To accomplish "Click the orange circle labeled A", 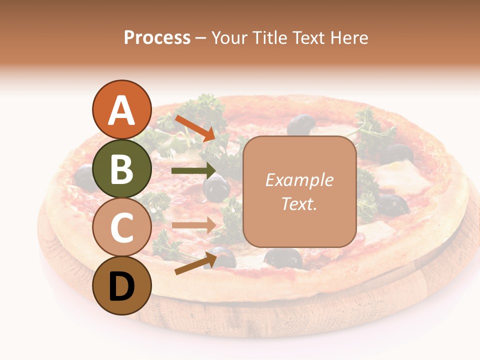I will coord(121,110).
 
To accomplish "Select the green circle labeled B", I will coord(121,168).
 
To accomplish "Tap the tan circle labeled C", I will coord(121,227).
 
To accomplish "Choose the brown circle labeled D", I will coord(121,285).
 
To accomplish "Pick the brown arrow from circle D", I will coord(195,263).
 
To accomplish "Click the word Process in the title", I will coord(157,37).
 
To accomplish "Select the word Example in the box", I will coord(299,180).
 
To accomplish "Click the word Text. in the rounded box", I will coord(299,204).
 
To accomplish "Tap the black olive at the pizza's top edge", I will coord(300,124).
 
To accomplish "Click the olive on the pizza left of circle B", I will coord(84,174).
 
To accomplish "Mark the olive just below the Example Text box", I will coord(283,257).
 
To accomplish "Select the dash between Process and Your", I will coord(201,38).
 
